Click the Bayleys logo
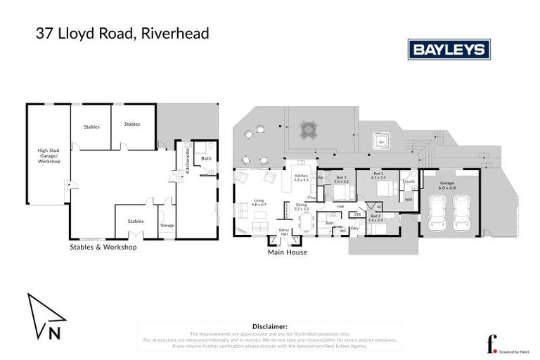tap(449, 49)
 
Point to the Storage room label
tap(167, 225)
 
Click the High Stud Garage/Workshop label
tap(49, 156)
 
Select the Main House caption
tap(288, 252)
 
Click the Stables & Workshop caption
tap(103, 247)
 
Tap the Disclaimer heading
tap(270, 327)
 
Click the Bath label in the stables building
tap(206, 158)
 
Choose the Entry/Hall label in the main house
tap(284, 231)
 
